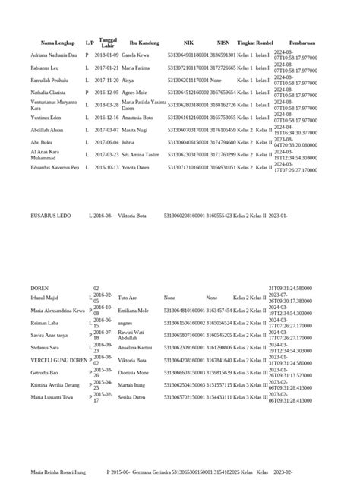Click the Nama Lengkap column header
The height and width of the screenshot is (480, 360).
click(57, 43)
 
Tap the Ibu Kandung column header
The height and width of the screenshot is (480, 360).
click(143, 43)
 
